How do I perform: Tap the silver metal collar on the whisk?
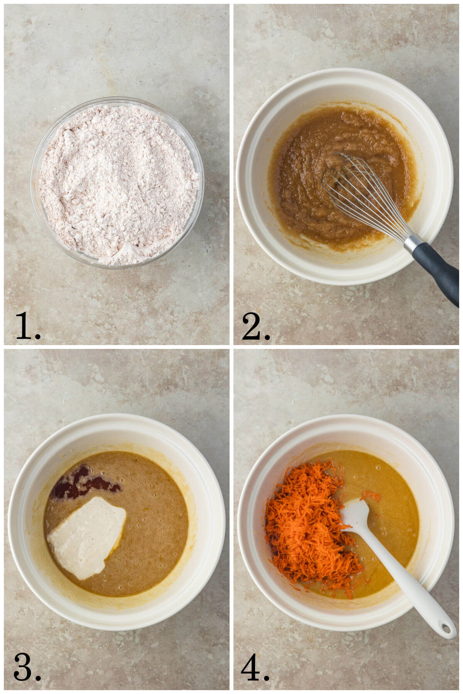(x=412, y=242)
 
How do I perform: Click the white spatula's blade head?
(x=355, y=515)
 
